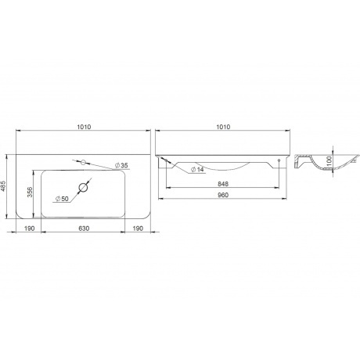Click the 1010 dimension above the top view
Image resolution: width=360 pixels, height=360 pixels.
[x=84, y=127]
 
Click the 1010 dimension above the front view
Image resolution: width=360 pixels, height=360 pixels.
[x=223, y=127]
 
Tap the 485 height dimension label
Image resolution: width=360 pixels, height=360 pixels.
[x=3, y=186]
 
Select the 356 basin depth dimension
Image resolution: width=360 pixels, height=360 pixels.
[x=31, y=192]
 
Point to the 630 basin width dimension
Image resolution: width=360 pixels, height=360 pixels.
[x=84, y=229]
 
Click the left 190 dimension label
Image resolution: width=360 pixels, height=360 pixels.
[x=30, y=229]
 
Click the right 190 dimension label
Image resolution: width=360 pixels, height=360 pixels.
[x=138, y=229]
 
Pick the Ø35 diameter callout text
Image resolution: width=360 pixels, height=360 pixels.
[x=121, y=165]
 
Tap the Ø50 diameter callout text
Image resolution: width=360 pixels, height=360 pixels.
[x=62, y=199]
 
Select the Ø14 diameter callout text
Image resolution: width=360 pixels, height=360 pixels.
[x=197, y=169]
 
